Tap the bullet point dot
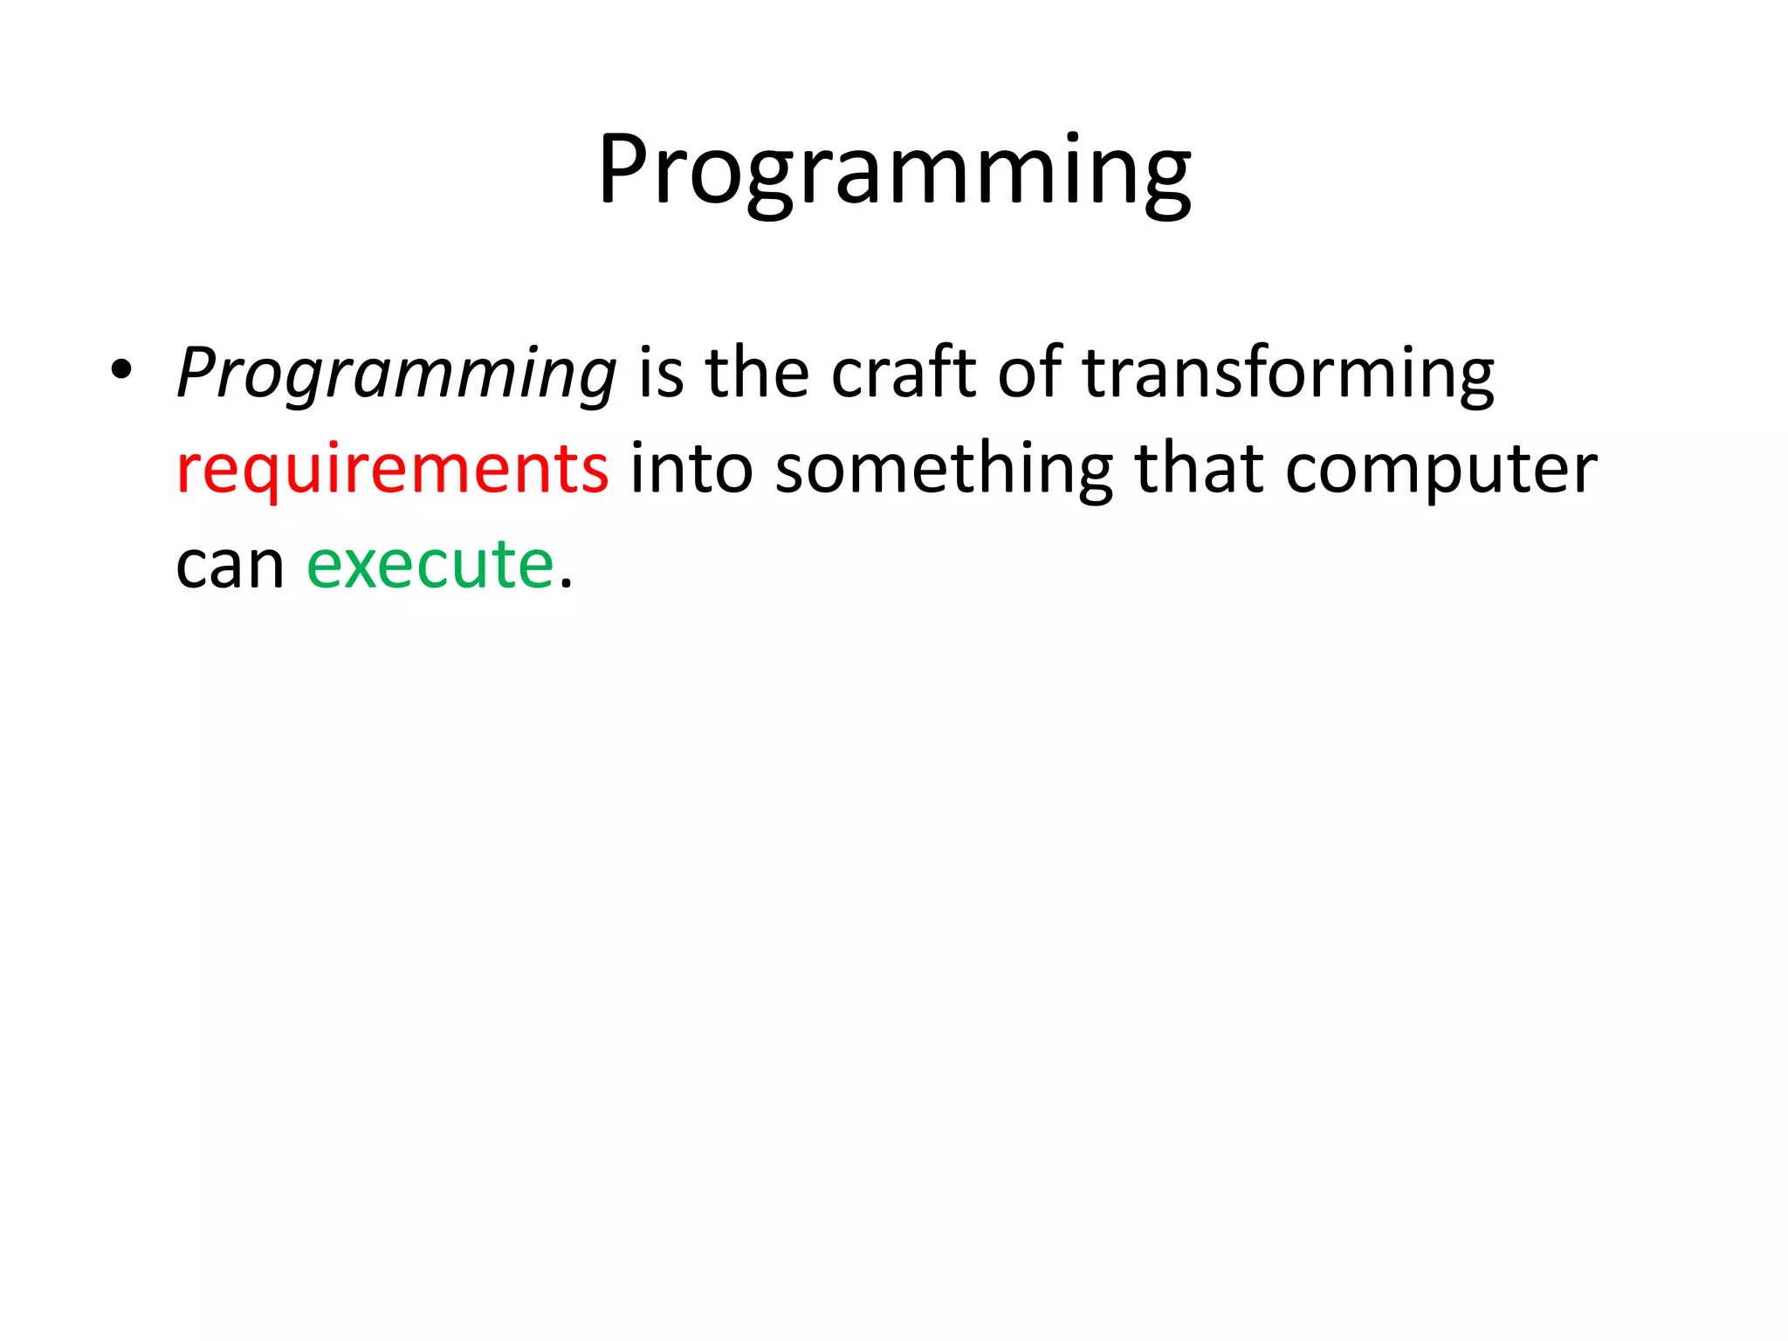[x=121, y=370]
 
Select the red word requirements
[x=392, y=470]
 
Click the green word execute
[x=430, y=564]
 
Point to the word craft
[x=904, y=374]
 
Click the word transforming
[x=1288, y=374]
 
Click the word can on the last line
[x=230, y=566]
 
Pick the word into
[x=691, y=470]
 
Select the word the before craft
[x=757, y=374]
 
